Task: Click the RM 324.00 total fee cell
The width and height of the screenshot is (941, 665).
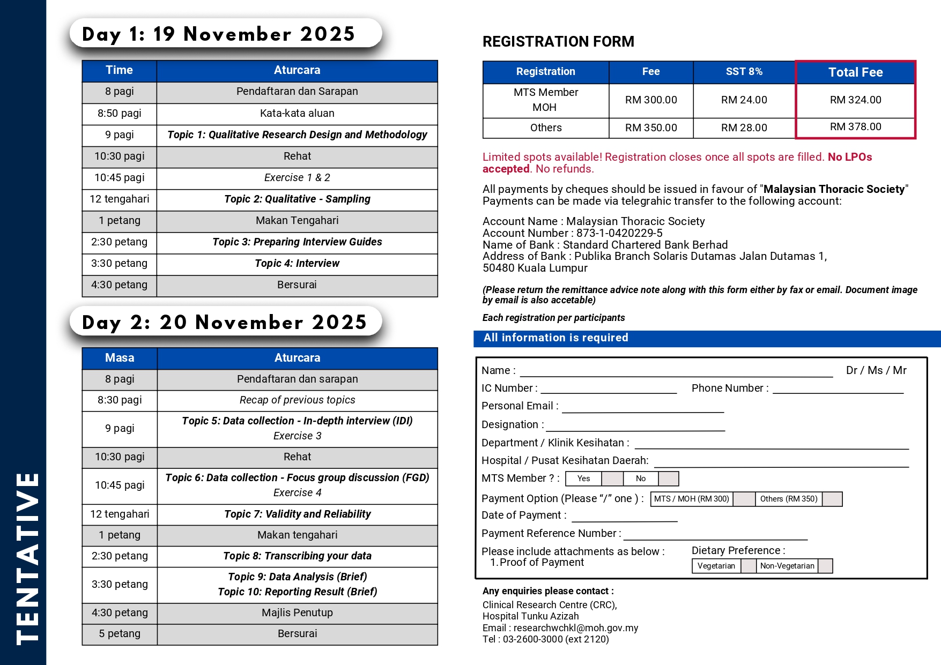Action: coord(855,100)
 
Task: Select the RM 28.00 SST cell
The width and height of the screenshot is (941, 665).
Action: coord(744,128)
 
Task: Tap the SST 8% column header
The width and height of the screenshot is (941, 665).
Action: coord(744,72)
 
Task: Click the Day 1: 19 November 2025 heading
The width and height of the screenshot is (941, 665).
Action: coord(219,34)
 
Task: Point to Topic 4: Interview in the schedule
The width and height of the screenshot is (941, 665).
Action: coord(297,264)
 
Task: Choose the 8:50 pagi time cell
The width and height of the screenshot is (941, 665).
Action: coord(120,114)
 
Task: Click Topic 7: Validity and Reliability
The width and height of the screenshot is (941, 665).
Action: coord(297,514)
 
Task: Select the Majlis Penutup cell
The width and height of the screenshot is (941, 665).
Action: coord(297,613)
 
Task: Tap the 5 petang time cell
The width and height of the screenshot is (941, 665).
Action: coord(120,634)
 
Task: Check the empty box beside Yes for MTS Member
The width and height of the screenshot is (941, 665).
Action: coord(612,479)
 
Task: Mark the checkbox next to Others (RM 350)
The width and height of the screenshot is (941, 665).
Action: coord(832,499)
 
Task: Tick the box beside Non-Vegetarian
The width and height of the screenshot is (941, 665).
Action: coord(825,566)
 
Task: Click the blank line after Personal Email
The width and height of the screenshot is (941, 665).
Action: coord(642,408)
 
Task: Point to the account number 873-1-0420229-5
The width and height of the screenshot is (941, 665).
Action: coord(619,233)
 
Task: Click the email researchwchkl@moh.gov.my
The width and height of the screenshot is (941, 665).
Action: coord(575,628)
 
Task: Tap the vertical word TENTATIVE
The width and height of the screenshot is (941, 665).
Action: coord(27,557)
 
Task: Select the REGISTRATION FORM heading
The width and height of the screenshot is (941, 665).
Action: coord(558,42)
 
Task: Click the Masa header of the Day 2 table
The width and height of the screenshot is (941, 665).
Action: coord(120,358)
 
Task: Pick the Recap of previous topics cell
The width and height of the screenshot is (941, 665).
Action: coord(297,400)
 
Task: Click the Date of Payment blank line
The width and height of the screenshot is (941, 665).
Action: coord(624,517)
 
